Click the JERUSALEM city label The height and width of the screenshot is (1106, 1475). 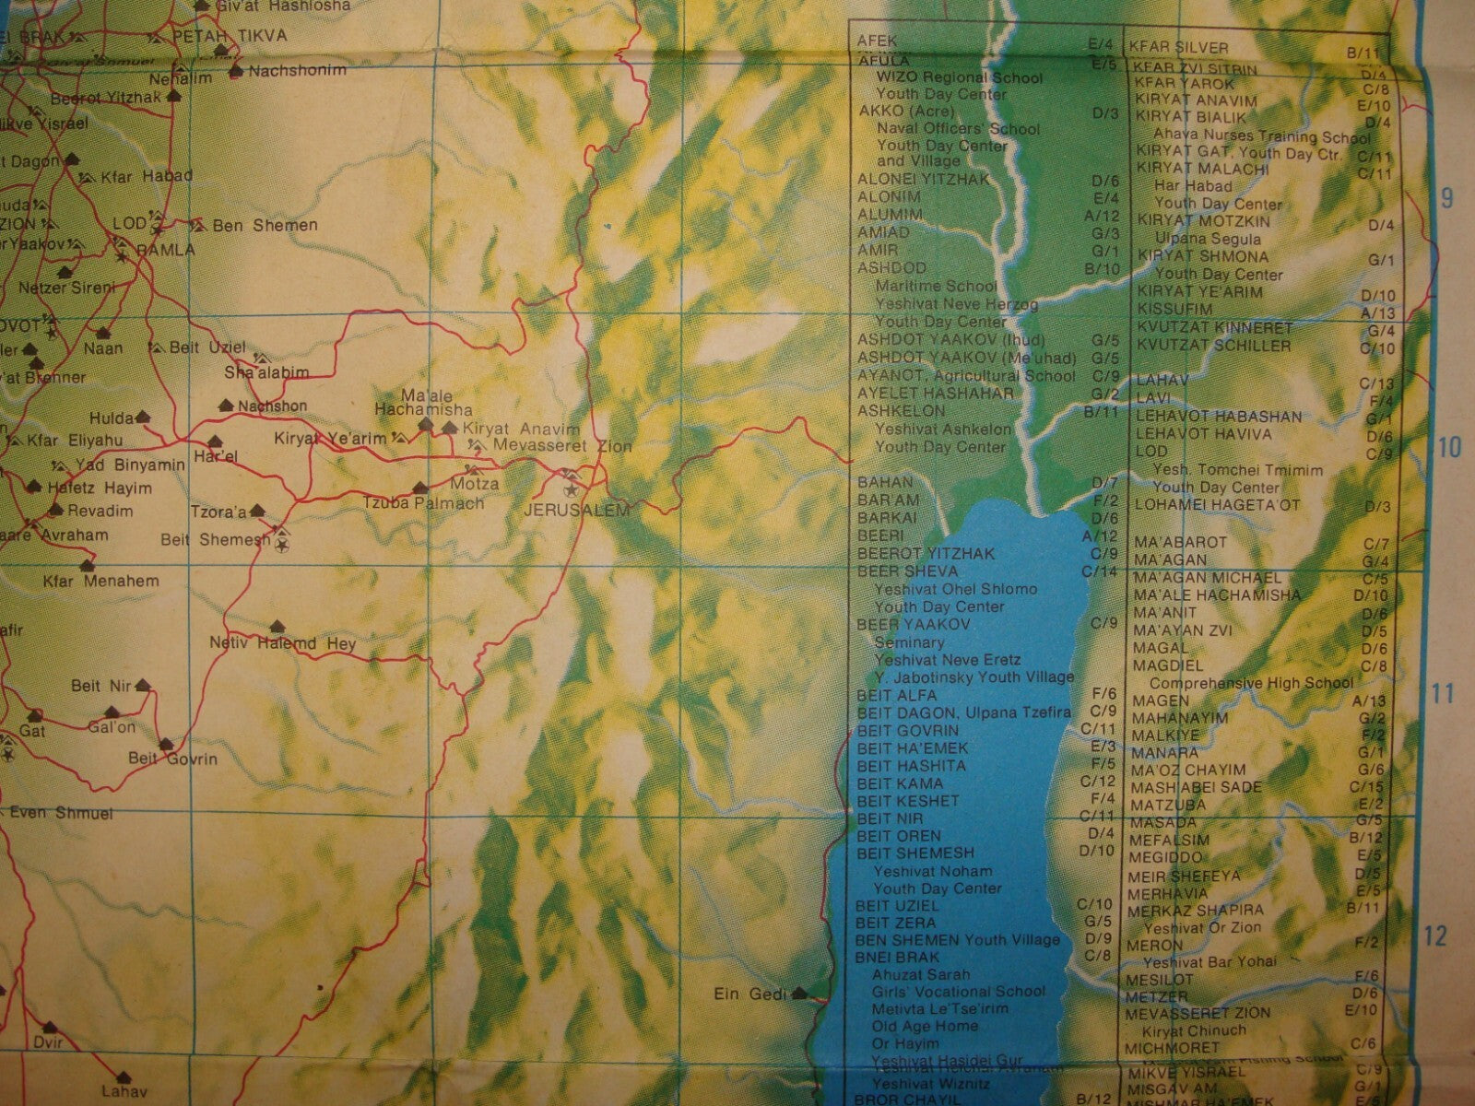575,511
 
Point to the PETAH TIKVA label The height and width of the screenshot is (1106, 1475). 230,36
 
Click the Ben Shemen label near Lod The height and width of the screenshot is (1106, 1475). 265,225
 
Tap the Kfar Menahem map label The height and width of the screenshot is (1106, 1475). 100,582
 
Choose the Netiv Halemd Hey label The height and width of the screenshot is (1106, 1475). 282,643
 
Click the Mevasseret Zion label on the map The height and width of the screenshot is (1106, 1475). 562,446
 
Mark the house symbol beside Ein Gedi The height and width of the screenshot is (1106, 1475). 799,994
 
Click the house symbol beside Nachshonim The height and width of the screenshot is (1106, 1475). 237,70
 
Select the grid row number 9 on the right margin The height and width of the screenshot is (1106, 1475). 1445,198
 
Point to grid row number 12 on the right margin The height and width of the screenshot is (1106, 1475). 1436,935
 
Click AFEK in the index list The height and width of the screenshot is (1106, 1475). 877,41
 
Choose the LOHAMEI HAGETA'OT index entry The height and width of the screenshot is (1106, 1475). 1217,505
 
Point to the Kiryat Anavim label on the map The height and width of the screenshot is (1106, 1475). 521,429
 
